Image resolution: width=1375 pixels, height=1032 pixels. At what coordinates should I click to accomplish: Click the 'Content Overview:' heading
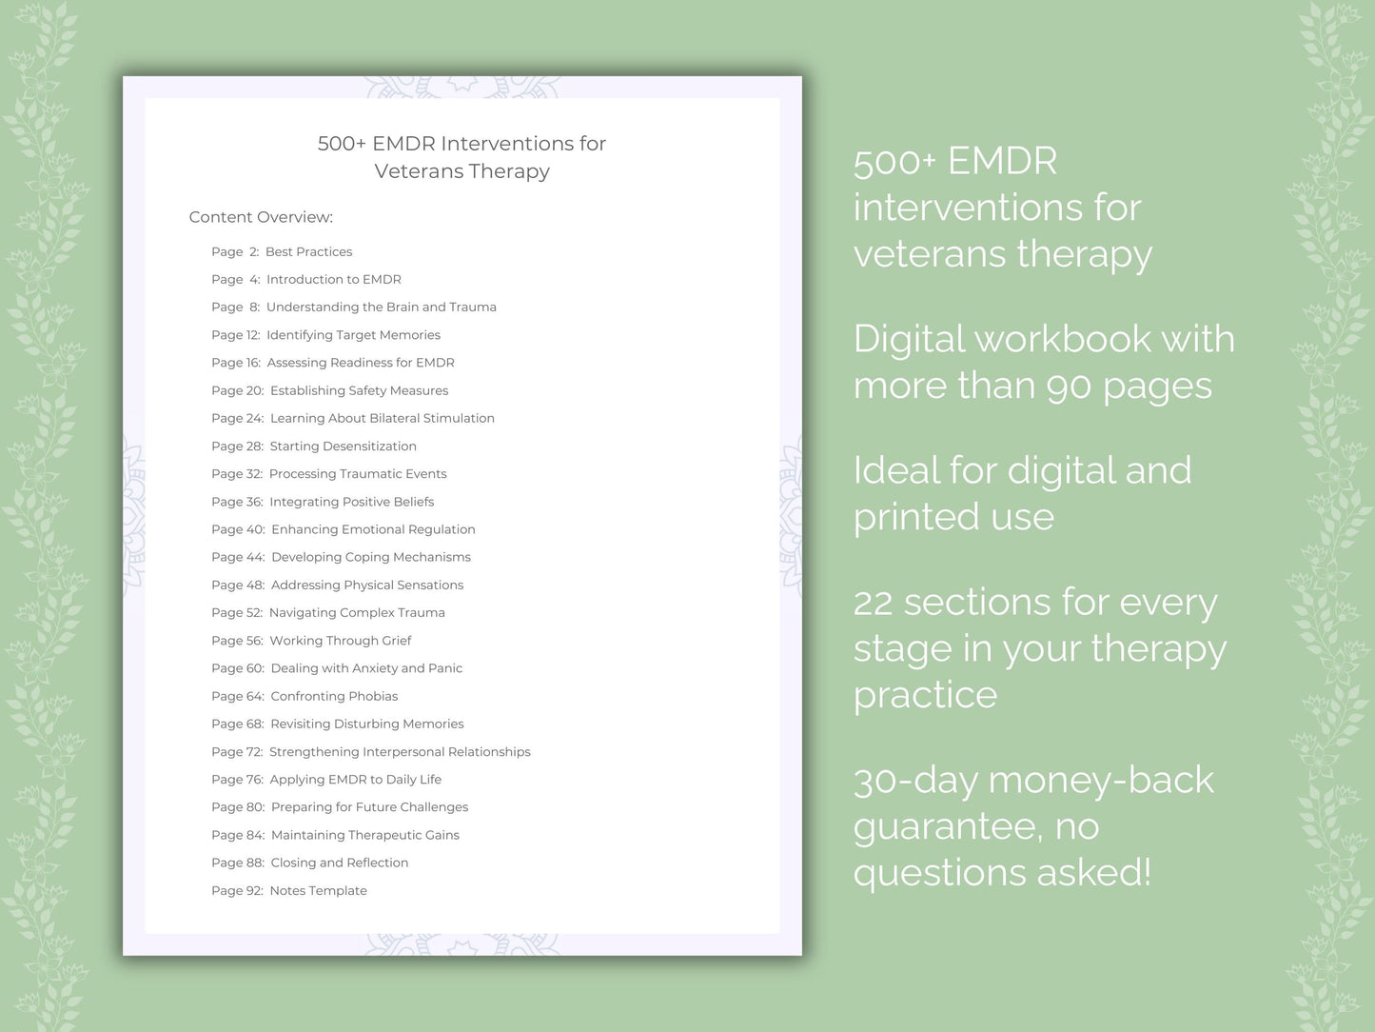[x=261, y=217]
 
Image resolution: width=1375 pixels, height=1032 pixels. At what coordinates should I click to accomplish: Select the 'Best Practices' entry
[x=308, y=251]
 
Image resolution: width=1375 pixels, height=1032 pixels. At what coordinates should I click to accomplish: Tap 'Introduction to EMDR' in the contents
[x=333, y=279]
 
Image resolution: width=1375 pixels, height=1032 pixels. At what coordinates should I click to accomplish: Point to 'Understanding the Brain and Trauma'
[x=381, y=307]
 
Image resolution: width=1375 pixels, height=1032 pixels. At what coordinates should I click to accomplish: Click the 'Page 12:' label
[x=235, y=335]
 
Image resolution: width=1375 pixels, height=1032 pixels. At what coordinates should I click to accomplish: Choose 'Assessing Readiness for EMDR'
[x=360, y=363]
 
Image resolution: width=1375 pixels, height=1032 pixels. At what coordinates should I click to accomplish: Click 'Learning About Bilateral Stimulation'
[x=382, y=418]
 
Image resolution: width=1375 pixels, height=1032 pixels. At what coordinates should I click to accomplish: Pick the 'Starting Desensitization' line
[x=343, y=446]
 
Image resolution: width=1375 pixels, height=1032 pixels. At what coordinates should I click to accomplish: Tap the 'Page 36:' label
[x=237, y=502]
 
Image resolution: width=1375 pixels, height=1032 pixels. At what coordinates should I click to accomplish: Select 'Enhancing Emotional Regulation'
[x=373, y=529]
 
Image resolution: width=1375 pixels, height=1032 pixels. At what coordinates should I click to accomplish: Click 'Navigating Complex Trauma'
[x=357, y=612]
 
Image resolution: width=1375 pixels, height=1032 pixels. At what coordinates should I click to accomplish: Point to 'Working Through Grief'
[x=340, y=641]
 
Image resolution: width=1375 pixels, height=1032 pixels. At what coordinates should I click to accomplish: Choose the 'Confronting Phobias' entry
[x=334, y=696]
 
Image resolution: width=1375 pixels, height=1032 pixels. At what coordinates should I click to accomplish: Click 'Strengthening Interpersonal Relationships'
[x=400, y=751]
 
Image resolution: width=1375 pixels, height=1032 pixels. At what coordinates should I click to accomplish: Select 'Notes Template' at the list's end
[x=318, y=890]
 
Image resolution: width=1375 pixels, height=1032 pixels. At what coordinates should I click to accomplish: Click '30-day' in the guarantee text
[x=915, y=781]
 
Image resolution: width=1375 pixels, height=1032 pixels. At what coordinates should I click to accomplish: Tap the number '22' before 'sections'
[x=873, y=603]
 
